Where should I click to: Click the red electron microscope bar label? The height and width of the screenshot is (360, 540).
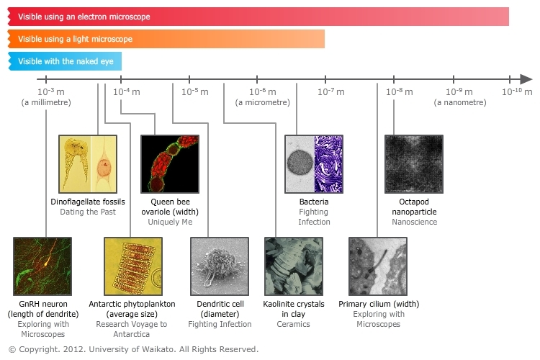tap(84, 17)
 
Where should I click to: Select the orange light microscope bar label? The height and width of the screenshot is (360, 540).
tap(75, 39)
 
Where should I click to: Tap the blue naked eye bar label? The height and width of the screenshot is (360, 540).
tap(66, 61)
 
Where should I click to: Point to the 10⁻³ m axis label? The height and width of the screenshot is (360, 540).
tap(51, 91)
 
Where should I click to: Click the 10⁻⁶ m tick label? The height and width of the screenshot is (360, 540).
tap(262, 91)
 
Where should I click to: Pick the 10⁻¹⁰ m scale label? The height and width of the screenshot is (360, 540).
tap(517, 91)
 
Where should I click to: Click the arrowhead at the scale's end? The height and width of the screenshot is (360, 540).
tap(526, 79)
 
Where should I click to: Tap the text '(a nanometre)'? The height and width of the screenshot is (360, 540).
tap(460, 102)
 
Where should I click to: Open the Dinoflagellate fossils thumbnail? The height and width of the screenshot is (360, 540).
tap(88, 164)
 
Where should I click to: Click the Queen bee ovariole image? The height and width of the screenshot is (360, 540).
tap(170, 164)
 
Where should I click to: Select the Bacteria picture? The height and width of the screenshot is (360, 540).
tap(314, 164)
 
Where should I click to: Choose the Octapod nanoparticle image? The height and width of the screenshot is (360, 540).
tap(414, 164)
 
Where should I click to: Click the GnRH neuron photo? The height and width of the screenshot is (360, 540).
tap(42, 266)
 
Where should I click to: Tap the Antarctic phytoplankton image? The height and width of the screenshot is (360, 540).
tap(133, 266)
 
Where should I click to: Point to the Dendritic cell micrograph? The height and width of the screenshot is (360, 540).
tap(220, 266)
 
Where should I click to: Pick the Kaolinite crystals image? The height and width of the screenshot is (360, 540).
tap(294, 266)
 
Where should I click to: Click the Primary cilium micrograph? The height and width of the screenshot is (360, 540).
tap(378, 266)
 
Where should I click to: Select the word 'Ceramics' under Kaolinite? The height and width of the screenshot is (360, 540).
tap(294, 324)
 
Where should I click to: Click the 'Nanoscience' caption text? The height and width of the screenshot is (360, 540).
tap(414, 222)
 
